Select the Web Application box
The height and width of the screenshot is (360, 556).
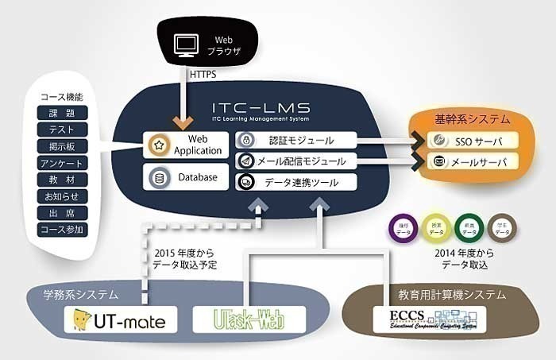[x=186, y=145]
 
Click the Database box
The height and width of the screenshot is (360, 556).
[x=186, y=176]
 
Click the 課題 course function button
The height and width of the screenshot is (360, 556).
[x=62, y=113]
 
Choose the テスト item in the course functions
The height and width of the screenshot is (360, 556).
[x=62, y=130]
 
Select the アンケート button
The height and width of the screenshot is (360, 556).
[x=62, y=163]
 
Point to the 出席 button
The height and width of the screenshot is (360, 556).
[x=62, y=213]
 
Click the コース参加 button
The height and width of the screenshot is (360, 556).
[x=62, y=230]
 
